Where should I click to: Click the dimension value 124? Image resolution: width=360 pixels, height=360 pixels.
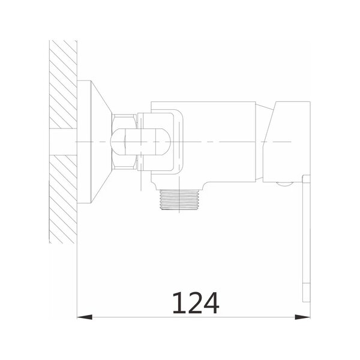click(196, 303)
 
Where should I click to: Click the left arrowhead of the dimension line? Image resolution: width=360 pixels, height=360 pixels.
click(85, 317)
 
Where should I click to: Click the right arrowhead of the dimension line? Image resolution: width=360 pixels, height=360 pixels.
click(302, 317)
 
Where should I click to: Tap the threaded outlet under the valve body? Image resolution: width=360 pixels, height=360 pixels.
click(179, 200)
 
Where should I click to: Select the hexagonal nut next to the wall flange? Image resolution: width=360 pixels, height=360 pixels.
click(124, 142)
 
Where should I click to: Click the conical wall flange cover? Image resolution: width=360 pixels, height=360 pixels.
click(94, 142)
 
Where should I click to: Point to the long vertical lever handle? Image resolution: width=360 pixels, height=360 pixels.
click(306, 239)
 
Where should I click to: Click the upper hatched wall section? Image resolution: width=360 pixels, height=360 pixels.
click(63, 84)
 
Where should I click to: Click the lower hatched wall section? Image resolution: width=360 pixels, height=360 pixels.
click(63, 199)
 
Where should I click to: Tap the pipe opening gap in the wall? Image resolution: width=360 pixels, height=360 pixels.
click(63, 142)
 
